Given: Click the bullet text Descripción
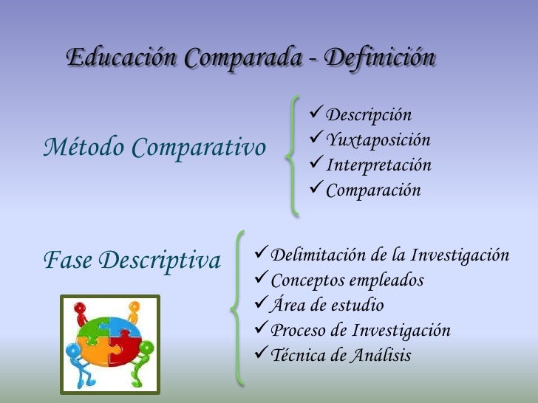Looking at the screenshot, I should pos(369,115).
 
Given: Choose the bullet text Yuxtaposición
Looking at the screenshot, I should pos(378,140).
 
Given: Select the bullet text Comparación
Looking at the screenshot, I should pos(373,190).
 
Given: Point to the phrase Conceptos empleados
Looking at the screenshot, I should pos(347,280).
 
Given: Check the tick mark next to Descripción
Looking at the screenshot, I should pos(316,114).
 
